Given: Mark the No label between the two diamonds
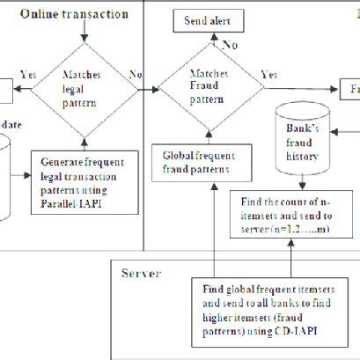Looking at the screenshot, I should coord(136,76).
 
